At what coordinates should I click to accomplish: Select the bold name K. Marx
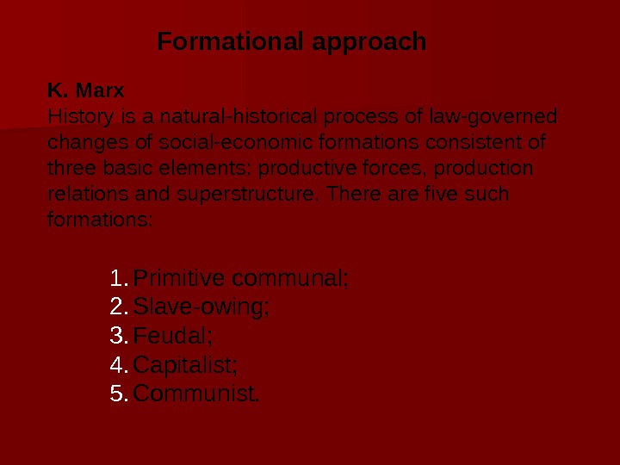[x=86, y=90]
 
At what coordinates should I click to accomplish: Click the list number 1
[x=118, y=279]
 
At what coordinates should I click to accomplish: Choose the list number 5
[x=119, y=394]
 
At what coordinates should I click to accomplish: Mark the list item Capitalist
[x=186, y=365]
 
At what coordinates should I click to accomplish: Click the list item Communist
[x=196, y=394]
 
